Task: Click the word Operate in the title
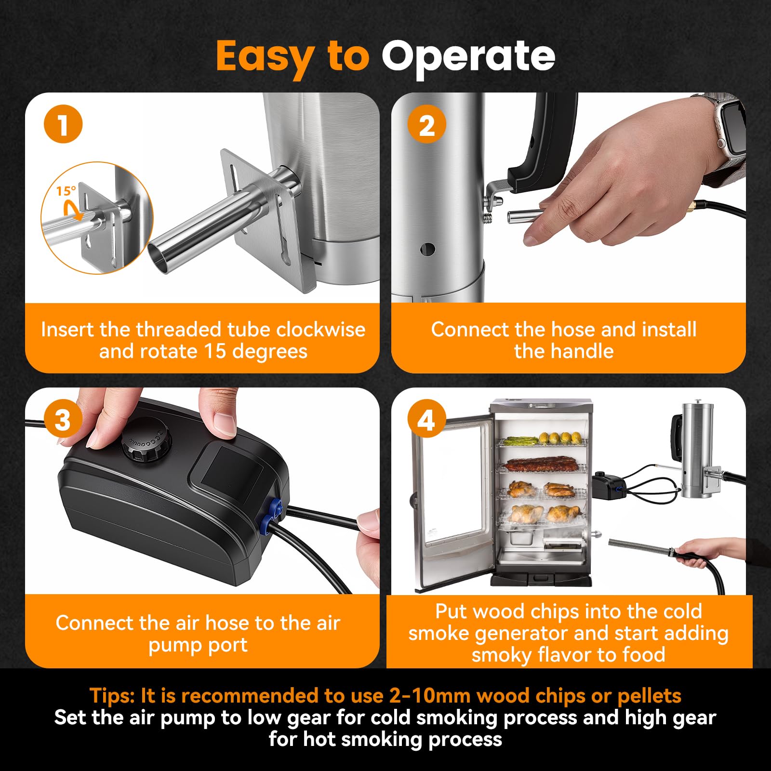[468, 57]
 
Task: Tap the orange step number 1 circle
[63, 124]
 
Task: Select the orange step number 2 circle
[426, 124]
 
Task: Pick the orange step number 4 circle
[426, 419]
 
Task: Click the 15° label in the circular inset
[66, 191]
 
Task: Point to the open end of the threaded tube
[159, 259]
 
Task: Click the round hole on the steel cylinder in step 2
[427, 249]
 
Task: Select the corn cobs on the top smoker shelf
[561, 438]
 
